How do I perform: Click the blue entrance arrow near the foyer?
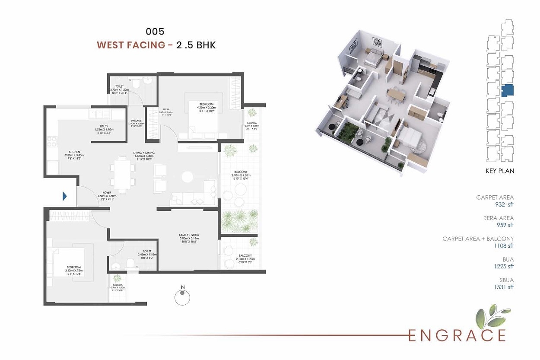[65, 197]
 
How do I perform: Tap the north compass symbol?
[182, 297]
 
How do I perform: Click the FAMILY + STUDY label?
[189, 235]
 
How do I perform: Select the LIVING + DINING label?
[144, 153]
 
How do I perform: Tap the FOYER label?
[107, 193]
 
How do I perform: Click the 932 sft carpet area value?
[505, 204]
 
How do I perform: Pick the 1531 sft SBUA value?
[504, 287]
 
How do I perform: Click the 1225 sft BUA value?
[505, 266]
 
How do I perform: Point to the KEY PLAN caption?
[500, 171]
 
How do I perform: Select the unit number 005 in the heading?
[155, 31]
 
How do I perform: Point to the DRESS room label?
[165, 109]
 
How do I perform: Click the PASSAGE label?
[137, 121]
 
